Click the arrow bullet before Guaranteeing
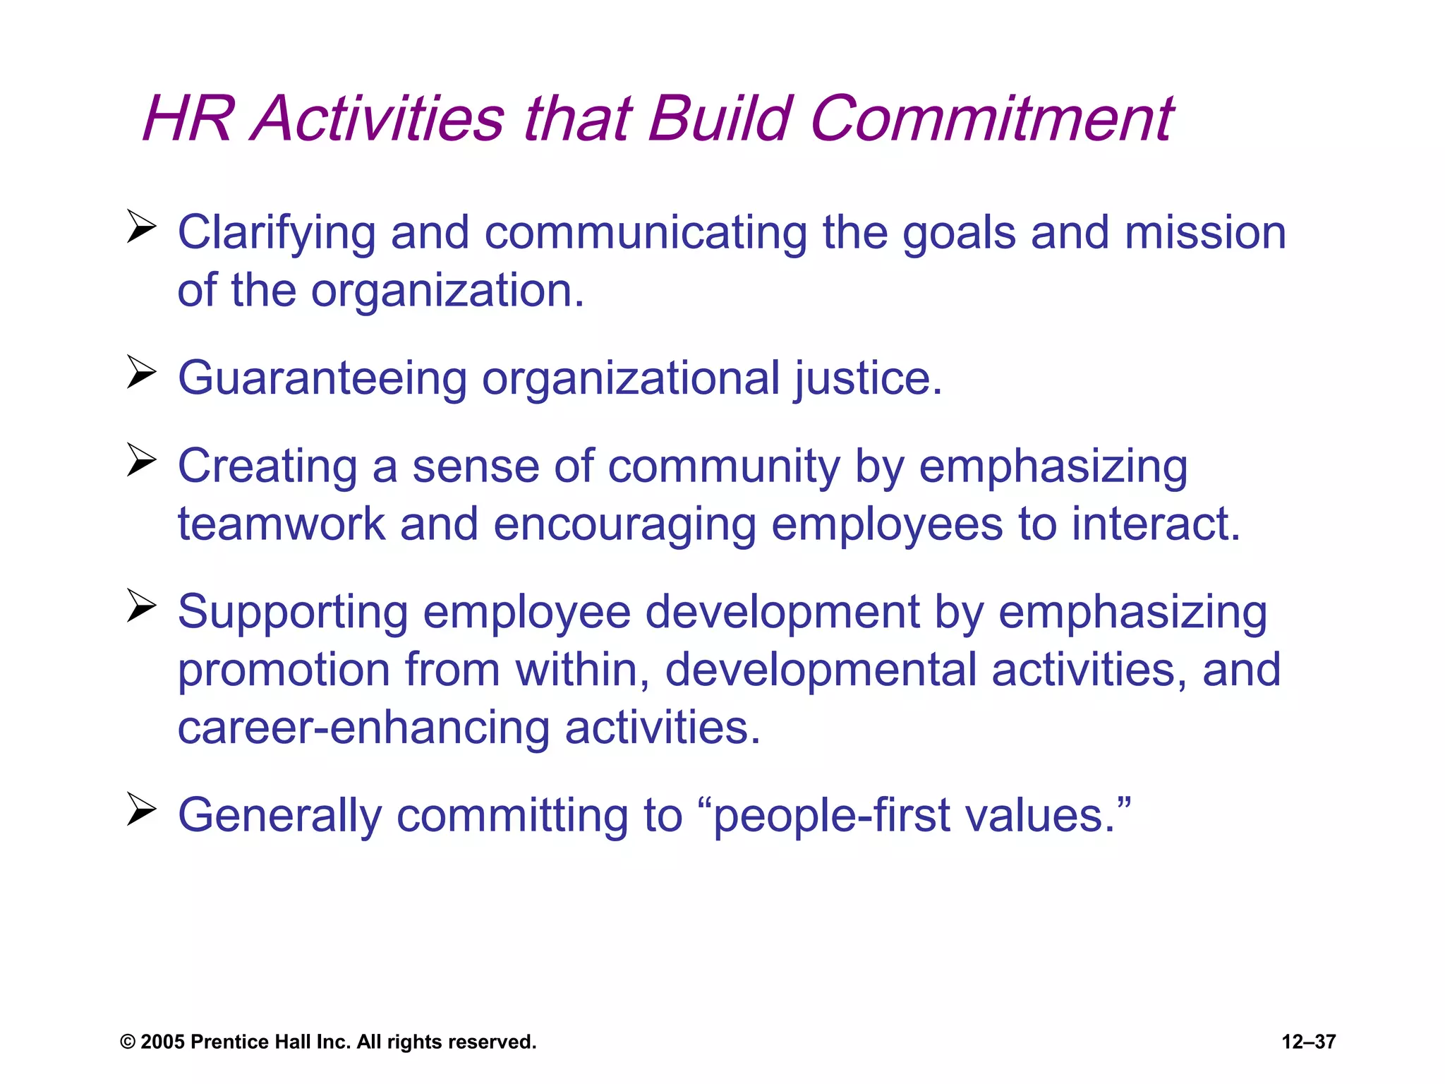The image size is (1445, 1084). click(141, 372)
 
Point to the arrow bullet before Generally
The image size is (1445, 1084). click(141, 809)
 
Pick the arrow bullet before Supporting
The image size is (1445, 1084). click(141, 606)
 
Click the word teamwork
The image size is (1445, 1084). click(282, 524)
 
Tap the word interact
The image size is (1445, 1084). click(1156, 524)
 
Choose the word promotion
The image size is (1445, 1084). click(284, 670)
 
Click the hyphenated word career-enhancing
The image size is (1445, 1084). click(363, 728)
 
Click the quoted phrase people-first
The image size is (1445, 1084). click(830, 816)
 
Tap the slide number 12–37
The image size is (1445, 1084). click(1308, 1042)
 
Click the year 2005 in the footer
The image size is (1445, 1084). click(163, 1042)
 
